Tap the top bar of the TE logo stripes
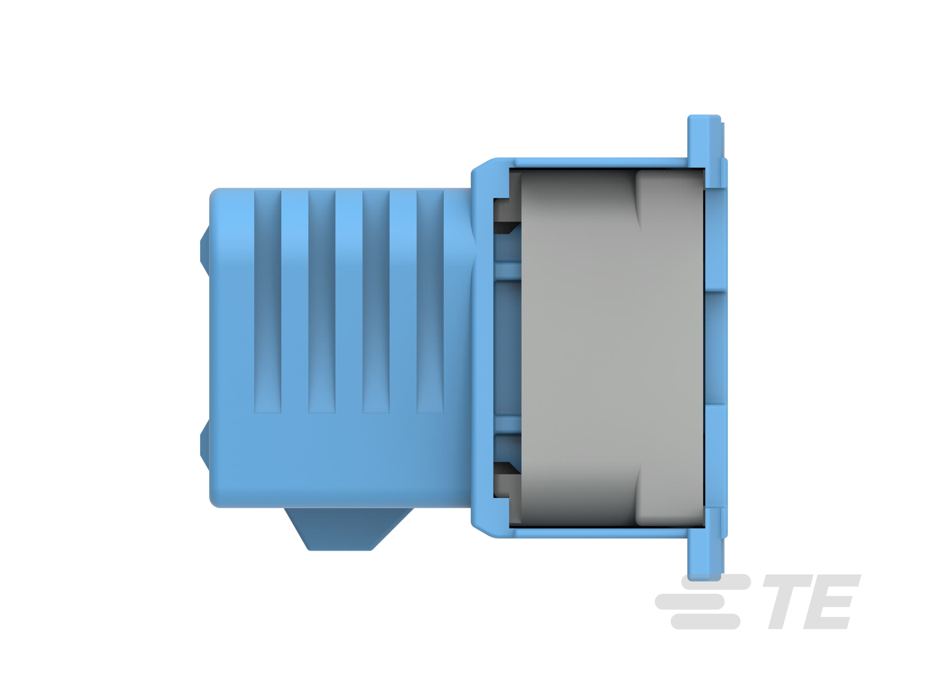click(x=715, y=582)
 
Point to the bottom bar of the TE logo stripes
click(x=705, y=621)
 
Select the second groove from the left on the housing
click(x=322, y=302)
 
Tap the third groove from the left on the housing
click(x=376, y=302)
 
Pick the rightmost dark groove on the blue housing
click(x=430, y=302)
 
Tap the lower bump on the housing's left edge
click(x=205, y=446)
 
